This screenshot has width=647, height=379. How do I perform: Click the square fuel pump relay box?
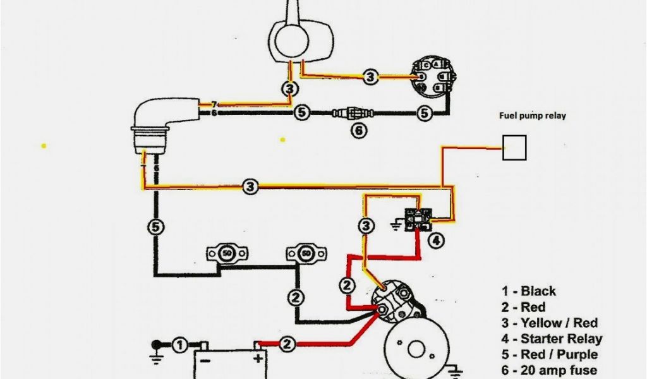[x=514, y=148]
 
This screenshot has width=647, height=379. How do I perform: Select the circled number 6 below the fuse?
[x=358, y=131]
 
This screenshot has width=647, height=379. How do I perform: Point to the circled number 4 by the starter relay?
[x=437, y=239]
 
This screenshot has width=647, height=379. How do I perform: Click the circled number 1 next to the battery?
[x=179, y=345]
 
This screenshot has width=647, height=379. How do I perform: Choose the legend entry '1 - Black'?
[x=529, y=291]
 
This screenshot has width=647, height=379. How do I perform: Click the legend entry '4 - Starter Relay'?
[x=552, y=339]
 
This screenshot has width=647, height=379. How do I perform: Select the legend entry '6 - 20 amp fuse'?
[x=550, y=371]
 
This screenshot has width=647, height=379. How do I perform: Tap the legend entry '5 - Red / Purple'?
[x=550, y=355]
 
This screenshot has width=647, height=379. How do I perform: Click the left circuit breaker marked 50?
[x=226, y=254]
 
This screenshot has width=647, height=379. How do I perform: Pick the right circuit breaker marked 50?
[x=306, y=254]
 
